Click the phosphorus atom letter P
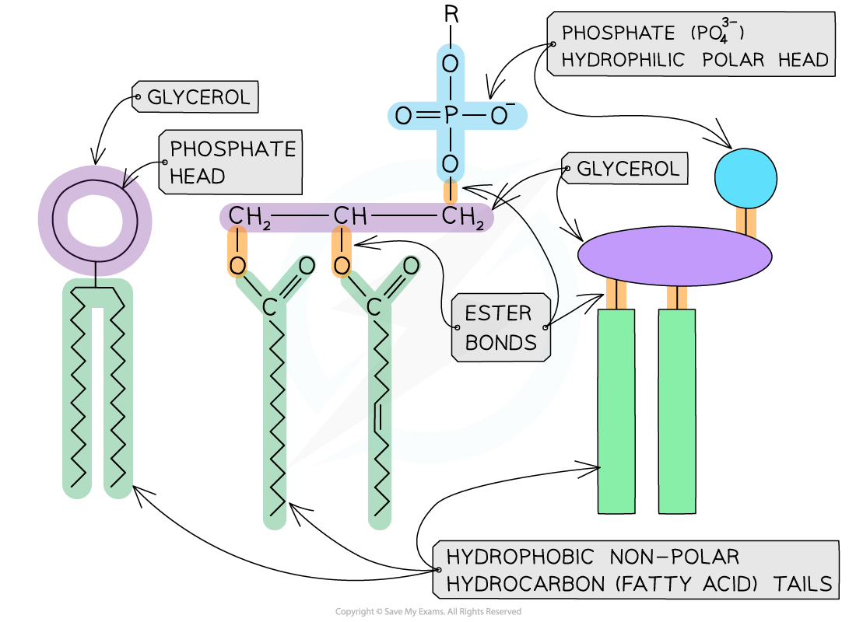(451, 117)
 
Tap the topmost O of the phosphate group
(451, 64)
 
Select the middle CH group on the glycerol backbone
(349, 217)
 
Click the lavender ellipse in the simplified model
(674, 256)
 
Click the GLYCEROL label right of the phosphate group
(627, 169)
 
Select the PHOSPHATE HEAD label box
(232, 162)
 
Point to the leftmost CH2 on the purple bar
(249, 217)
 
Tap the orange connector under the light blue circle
(745, 222)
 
